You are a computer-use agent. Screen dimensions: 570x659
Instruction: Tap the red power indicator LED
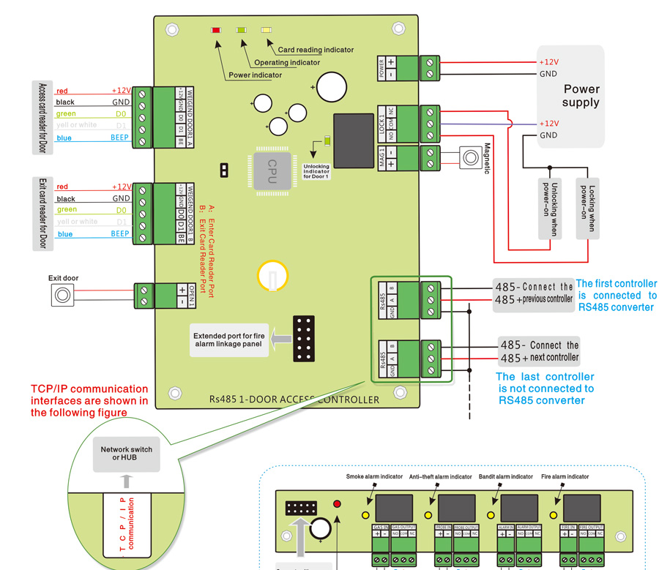(x=216, y=30)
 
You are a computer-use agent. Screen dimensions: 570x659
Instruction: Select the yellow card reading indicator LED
(x=265, y=30)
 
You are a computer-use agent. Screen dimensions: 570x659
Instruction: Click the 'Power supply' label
(x=581, y=96)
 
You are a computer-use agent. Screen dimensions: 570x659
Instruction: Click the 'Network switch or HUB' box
(x=127, y=454)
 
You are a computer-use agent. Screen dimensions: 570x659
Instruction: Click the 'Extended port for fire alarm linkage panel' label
(x=227, y=341)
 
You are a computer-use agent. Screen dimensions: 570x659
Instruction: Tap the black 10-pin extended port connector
(x=303, y=339)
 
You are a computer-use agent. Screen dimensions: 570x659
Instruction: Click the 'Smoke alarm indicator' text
(x=374, y=477)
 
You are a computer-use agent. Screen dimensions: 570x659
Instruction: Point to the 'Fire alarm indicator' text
(x=565, y=477)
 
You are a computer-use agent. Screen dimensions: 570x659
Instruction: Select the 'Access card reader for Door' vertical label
(x=42, y=117)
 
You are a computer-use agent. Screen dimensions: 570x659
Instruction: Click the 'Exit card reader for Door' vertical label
(x=42, y=213)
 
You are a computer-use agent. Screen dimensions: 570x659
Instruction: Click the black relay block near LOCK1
(x=353, y=140)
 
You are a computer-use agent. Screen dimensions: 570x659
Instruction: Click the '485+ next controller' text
(x=539, y=358)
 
